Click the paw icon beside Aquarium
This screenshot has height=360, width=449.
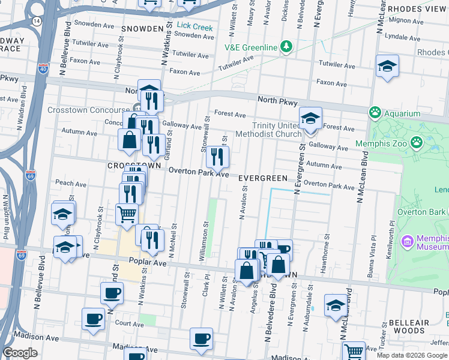(x=376, y=112)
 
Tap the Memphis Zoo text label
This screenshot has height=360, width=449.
(x=381, y=143)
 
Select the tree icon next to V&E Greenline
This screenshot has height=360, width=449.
(x=286, y=47)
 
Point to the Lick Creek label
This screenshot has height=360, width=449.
(x=194, y=27)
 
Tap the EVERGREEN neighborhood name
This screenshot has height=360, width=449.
(x=262, y=179)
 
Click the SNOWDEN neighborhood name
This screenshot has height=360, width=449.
(x=142, y=28)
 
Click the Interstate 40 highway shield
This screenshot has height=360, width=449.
(x=43, y=53)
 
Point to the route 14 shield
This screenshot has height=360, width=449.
(x=37, y=21)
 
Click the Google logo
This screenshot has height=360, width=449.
(x=20, y=353)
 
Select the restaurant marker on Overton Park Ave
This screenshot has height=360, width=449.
(x=217, y=157)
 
